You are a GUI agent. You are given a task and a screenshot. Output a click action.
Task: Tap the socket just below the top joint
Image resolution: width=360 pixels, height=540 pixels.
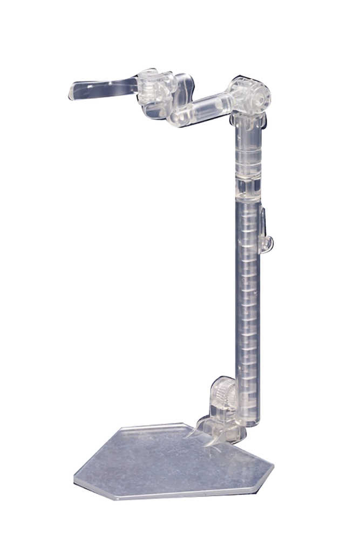(247, 123)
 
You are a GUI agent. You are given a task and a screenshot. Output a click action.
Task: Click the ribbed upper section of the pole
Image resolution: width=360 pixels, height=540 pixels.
(248, 157)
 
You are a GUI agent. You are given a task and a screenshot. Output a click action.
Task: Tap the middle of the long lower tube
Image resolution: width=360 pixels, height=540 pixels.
(248, 302)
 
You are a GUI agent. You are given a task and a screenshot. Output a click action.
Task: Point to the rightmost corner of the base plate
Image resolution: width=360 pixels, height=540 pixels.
(272, 478)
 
